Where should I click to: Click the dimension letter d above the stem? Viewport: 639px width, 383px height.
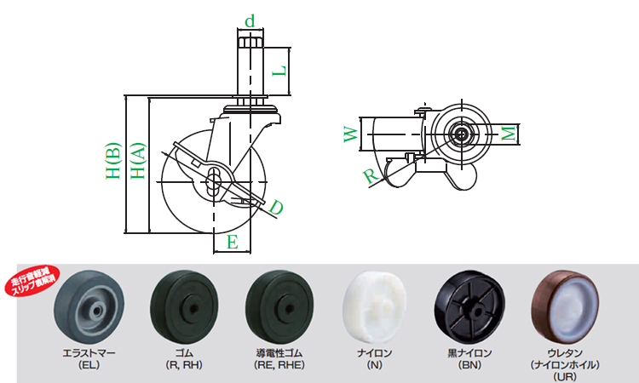pyautogui.click(x=250, y=19)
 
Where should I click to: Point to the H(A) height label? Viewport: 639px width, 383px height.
pyautogui.click(x=137, y=161)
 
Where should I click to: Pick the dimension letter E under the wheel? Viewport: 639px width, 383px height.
pyautogui.click(x=231, y=243)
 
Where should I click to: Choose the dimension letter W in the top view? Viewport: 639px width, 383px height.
pyautogui.click(x=349, y=134)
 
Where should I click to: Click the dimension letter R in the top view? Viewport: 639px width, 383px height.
pyautogui.click(x=369, y=176)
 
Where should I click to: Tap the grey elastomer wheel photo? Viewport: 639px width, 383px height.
pyautogui.click(x=89, y=306)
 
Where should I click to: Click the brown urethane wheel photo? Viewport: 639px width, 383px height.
pyautogui.click(x=564, y=307)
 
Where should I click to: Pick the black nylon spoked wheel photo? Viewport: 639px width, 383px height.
pyautogui.click(x=469, y=307)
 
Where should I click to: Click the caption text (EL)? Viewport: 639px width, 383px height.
pyautogui.click(x=89, y=365)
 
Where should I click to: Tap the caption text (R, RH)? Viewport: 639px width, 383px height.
pyautogui.click(x=183, y=365)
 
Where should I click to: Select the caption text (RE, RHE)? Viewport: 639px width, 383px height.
pyautogui.click(x=279, y=365)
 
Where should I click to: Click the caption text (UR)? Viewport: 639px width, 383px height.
pyautogui.click(x=564, y=374)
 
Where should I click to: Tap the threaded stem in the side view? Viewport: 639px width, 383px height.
pyautogui.click(x=250, y=72)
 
